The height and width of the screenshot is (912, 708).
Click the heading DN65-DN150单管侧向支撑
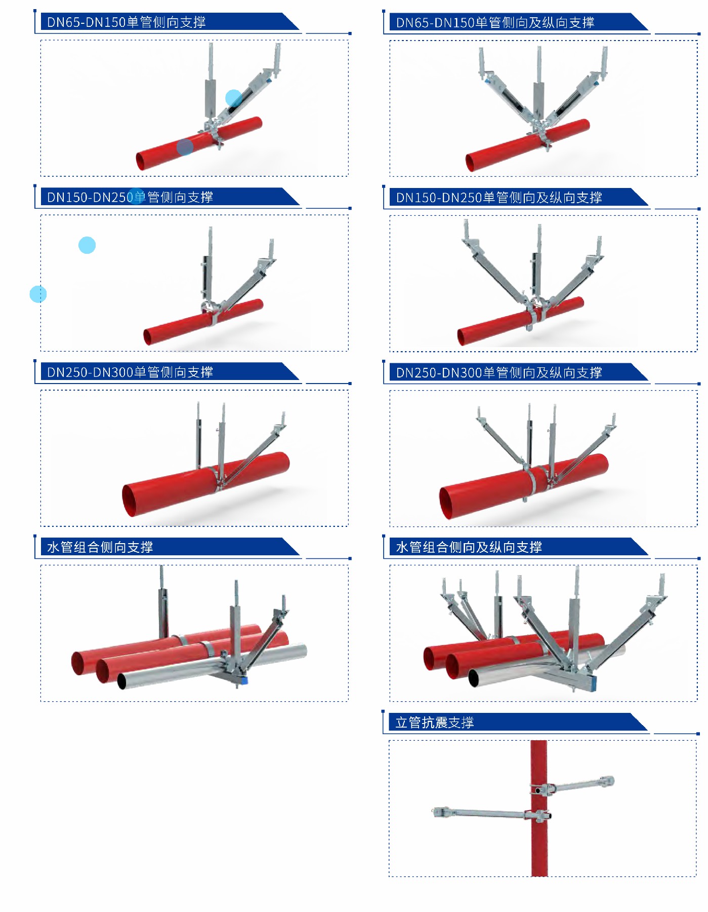coord(127,22)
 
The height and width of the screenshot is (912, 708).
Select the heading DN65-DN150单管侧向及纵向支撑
coord(495,23)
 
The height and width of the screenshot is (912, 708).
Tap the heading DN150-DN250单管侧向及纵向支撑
coord(499,198)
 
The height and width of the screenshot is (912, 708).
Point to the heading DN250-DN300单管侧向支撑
coord(130,372)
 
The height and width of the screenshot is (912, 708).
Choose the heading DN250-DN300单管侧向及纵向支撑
coord(499,373)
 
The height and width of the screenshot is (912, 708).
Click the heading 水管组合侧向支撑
coord(100,547)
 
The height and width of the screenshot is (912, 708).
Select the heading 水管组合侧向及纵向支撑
coord(469,547)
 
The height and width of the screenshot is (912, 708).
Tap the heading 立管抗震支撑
coord(435,723)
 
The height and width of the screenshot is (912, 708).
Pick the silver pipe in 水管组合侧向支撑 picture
coord(213,667)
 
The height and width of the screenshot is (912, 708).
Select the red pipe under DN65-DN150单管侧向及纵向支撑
coord(526,145)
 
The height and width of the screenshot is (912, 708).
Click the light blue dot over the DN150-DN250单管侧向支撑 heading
coord(136,196)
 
